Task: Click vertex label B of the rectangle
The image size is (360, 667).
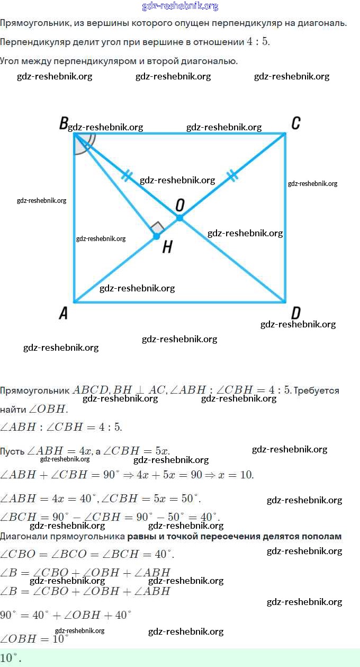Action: tap(64, 124)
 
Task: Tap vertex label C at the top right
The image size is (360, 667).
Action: tap(296, 124)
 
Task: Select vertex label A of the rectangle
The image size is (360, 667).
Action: tap(63, 313)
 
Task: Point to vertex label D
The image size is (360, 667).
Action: tap(296, 313)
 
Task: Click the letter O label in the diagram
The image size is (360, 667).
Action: tap(180, 205)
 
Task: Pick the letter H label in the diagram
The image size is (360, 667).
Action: tap(167, 247)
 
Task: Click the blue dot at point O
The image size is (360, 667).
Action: tap(179, 218)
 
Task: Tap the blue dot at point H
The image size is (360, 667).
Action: tap(156, 236)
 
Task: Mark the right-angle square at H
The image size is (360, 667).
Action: tap(157, 228)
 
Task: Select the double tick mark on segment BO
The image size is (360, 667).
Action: tap(126, 176)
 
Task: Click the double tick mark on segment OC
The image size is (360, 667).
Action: tap(232, 176)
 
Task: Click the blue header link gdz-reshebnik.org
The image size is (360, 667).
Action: tap(180, 6)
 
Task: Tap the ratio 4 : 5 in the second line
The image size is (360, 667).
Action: tap(258, 42)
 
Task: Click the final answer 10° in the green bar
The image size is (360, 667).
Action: tap(11, 658)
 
